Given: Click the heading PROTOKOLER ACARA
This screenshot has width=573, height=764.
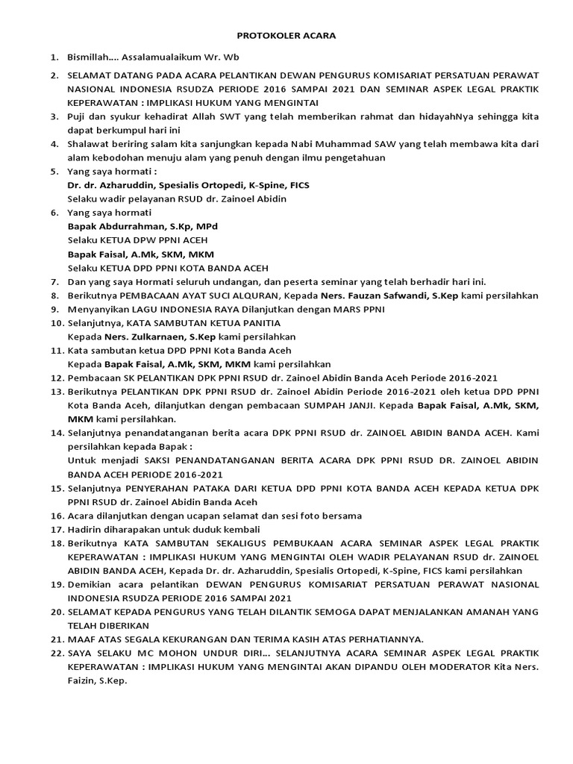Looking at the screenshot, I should (286, 35).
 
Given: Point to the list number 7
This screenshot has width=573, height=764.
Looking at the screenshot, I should (54, 281).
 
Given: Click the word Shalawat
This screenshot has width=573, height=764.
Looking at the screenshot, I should (90, 144).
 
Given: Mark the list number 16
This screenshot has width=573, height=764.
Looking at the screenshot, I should (57, 516).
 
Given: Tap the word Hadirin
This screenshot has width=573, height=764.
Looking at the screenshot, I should (84, 529).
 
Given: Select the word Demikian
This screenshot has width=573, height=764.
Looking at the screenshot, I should (92, 584).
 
